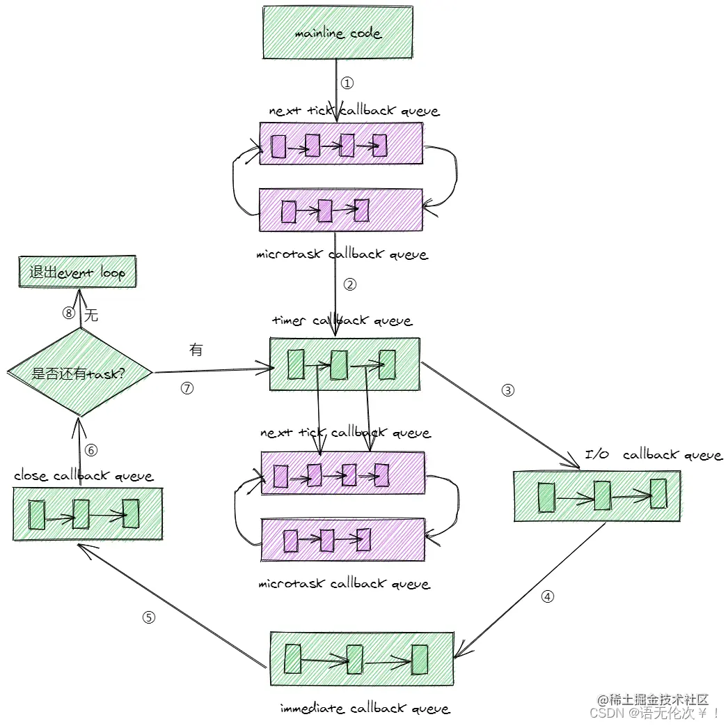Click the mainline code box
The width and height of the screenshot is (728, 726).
338,32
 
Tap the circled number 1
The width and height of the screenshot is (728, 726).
347,84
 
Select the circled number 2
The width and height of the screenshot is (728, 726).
350,284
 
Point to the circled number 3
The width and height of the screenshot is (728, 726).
508,391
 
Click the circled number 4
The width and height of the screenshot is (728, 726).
548,597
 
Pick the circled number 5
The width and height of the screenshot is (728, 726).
148,617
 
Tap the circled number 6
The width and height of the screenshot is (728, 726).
92,451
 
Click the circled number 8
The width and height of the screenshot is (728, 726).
68,314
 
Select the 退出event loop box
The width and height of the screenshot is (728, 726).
77,272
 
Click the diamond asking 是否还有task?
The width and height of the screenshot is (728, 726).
80,373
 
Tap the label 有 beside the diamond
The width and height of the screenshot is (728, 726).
196,350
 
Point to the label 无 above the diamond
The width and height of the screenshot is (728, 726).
91,316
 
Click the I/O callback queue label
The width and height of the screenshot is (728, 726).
653,455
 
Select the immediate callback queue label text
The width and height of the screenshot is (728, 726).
365,709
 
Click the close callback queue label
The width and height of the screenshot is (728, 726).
84,476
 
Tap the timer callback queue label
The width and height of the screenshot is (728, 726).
342,320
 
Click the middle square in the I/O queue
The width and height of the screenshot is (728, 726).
602,496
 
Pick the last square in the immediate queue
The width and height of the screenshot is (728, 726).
419,659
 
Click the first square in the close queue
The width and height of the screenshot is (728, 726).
37,515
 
